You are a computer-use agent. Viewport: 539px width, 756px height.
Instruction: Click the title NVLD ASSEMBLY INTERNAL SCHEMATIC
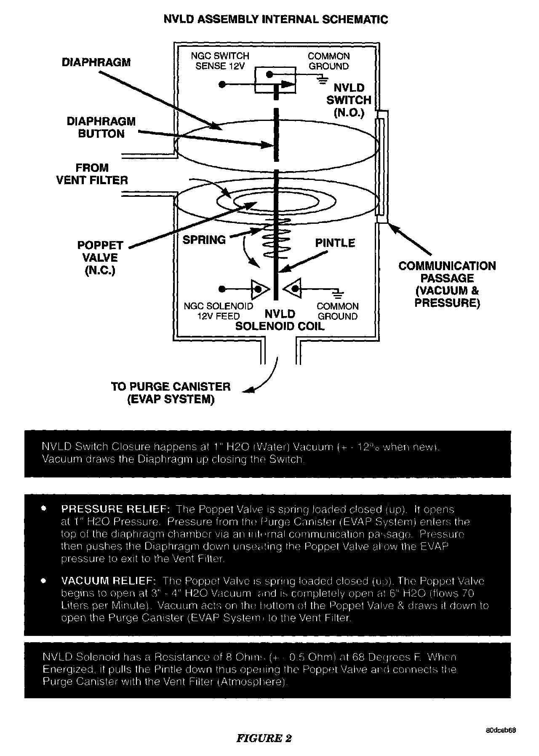275,19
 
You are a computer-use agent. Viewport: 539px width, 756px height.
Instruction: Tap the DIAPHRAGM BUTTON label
101,128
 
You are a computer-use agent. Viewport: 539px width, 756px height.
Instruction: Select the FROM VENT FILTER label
92,174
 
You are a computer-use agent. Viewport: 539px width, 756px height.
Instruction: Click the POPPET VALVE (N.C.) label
100,257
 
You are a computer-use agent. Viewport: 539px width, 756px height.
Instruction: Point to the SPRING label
204,240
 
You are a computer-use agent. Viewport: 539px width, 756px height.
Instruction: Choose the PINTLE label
335,243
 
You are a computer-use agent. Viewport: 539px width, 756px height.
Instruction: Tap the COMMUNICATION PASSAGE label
447,284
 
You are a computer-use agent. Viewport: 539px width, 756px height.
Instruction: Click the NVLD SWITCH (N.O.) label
349,100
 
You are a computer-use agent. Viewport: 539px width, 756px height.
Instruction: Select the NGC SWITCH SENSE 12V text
220,61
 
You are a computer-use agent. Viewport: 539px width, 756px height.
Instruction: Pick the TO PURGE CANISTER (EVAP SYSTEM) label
171,393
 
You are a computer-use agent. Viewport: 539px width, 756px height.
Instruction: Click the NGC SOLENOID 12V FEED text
219,311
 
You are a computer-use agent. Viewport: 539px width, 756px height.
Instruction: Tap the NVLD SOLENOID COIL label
280,320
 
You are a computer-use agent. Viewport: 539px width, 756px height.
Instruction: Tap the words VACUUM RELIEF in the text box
109,581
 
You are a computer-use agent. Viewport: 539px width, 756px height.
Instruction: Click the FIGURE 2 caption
264,738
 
